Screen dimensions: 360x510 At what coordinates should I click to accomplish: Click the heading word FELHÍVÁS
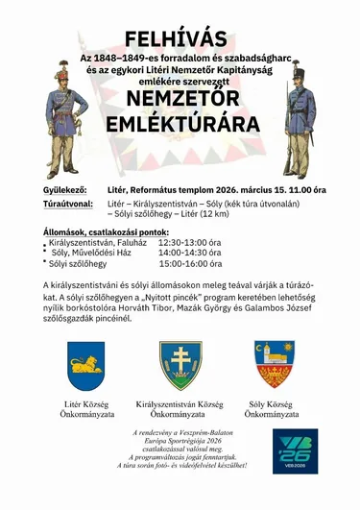tap(180, 39)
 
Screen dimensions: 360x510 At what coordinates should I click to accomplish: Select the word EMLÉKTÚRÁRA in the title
tap(180, 126)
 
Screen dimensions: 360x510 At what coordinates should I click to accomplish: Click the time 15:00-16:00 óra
tap(190, 264)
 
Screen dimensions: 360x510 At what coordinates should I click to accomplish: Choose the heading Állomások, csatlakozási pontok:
tap(106, 231)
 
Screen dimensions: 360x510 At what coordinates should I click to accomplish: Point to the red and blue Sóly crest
tap(274, 363)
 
